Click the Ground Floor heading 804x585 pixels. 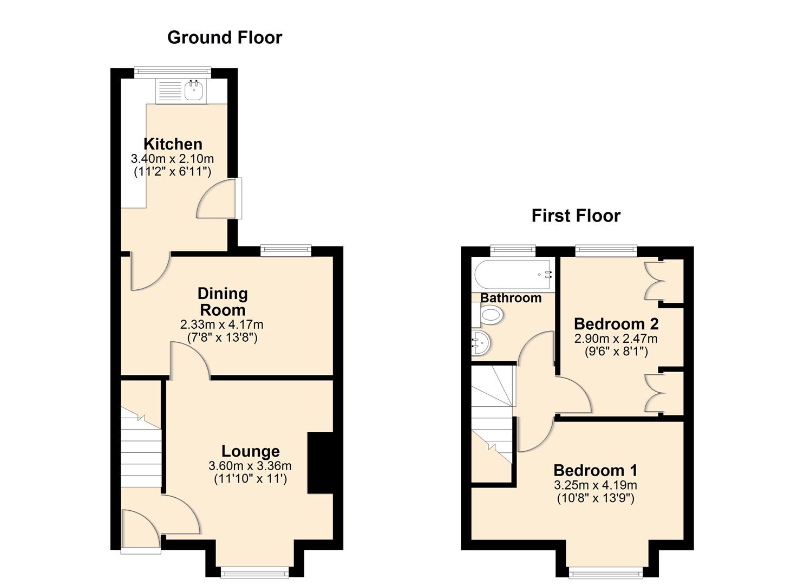pos(225,37)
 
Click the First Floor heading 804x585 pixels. pos(576,216)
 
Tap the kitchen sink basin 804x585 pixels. pos(193,91)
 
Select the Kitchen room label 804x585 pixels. pos(173,144)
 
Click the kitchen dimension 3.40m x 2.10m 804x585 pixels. pos(172,159)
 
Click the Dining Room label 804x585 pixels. pos(223,302)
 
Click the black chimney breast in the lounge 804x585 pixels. pos(320,463)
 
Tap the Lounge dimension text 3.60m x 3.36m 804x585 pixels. pos(250,466)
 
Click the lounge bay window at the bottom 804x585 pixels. pos(255,571)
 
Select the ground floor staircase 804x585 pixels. pos(141,450)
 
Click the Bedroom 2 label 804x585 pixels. pos(616,324)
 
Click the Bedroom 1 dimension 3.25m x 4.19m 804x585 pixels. pos(595,485)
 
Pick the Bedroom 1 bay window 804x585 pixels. pos(606,571)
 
